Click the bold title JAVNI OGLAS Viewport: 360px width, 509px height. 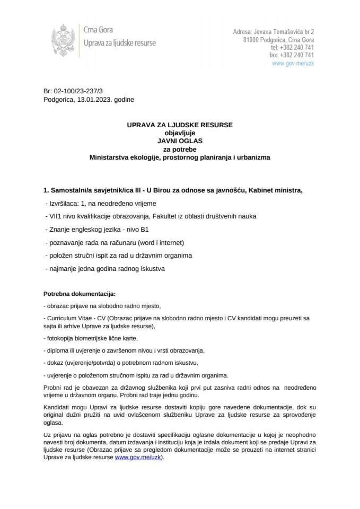pyautogui.click(x=180, y=142)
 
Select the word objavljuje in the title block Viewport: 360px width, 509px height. pyautogui.click(x=180, y=133)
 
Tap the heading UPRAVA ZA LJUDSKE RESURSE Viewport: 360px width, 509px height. pyautogui.click(x=180, y=125)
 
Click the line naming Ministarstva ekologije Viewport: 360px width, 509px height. pyautogui.click(x=180, y=157)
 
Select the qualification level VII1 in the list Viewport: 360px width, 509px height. pyautogui.click(x=54, y=216)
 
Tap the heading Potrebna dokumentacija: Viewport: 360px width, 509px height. pyautogui.click(x=78, y=293)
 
